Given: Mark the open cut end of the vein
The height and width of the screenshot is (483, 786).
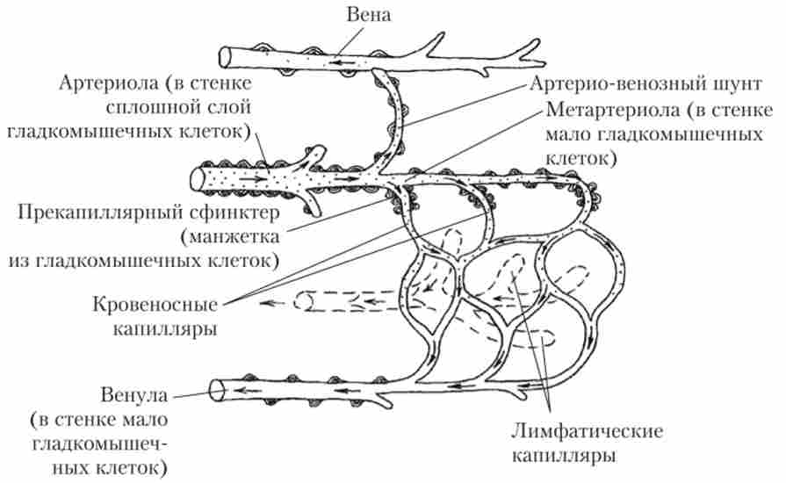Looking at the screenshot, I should pyautogui.click(x=226, y=55).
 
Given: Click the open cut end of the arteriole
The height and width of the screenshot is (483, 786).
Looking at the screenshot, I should pyautogui.click(x=198, y=179).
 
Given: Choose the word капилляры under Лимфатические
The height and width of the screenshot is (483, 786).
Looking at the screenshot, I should pyautogui.click(x=574, y=457).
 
